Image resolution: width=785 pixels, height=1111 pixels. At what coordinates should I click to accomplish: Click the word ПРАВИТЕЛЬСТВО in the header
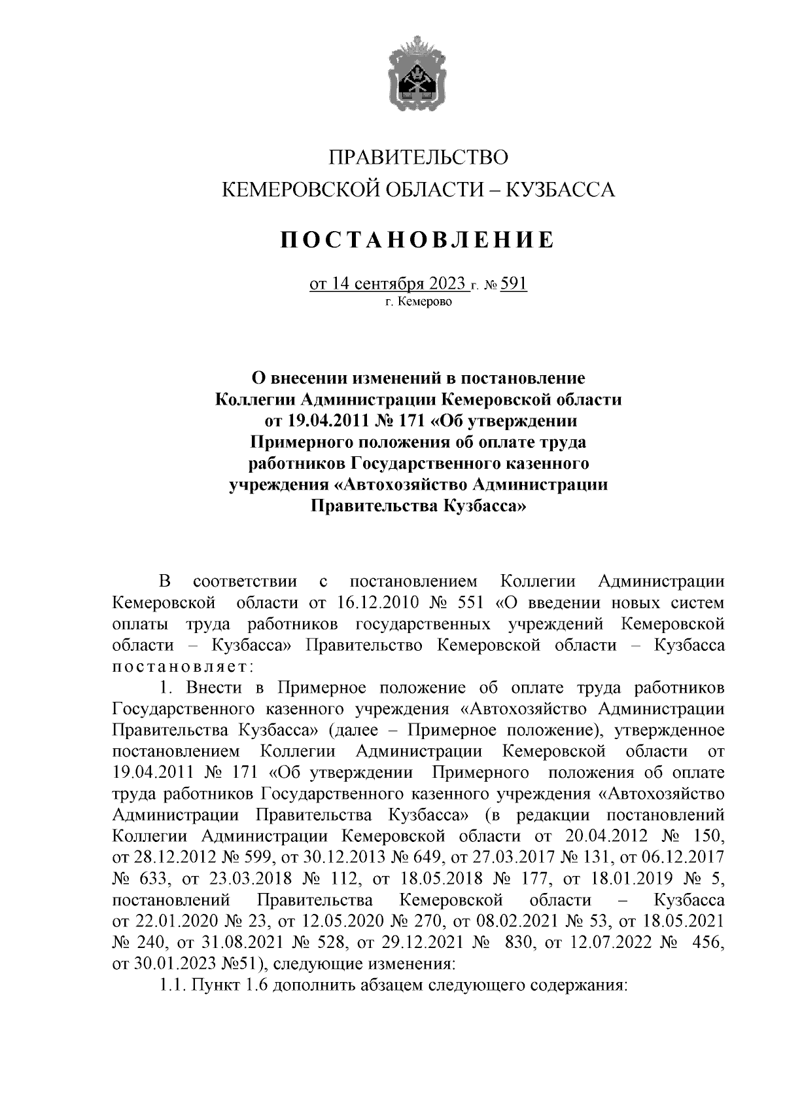418,158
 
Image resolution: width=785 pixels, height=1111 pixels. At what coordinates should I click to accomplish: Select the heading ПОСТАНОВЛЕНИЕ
418,240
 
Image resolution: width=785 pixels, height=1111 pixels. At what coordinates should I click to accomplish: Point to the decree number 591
514,285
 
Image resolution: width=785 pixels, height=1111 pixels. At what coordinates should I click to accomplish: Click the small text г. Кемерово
418,302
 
